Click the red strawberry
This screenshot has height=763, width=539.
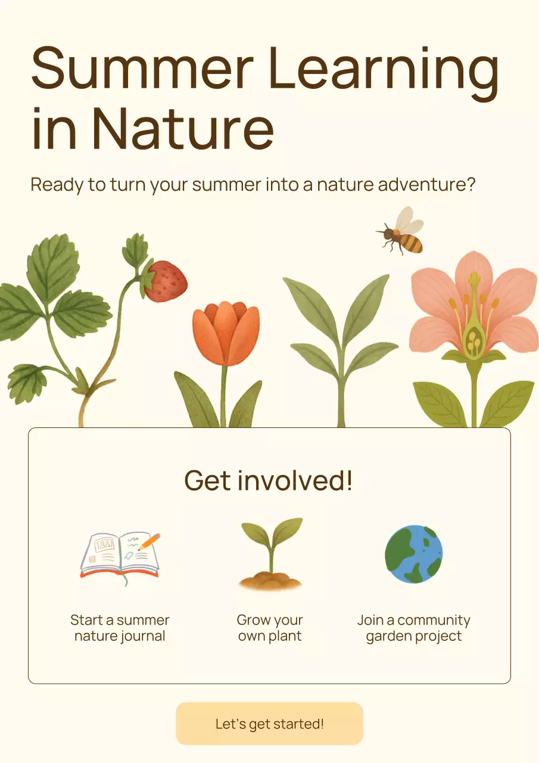166,281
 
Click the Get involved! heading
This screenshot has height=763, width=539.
269,480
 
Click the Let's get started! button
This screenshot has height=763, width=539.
269,724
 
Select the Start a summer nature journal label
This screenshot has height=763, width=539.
120,628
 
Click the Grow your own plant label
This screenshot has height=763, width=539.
270,628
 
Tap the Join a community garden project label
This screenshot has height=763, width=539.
414,628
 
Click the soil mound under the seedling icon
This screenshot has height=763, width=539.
270,581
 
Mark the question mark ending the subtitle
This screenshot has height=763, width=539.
471,184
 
